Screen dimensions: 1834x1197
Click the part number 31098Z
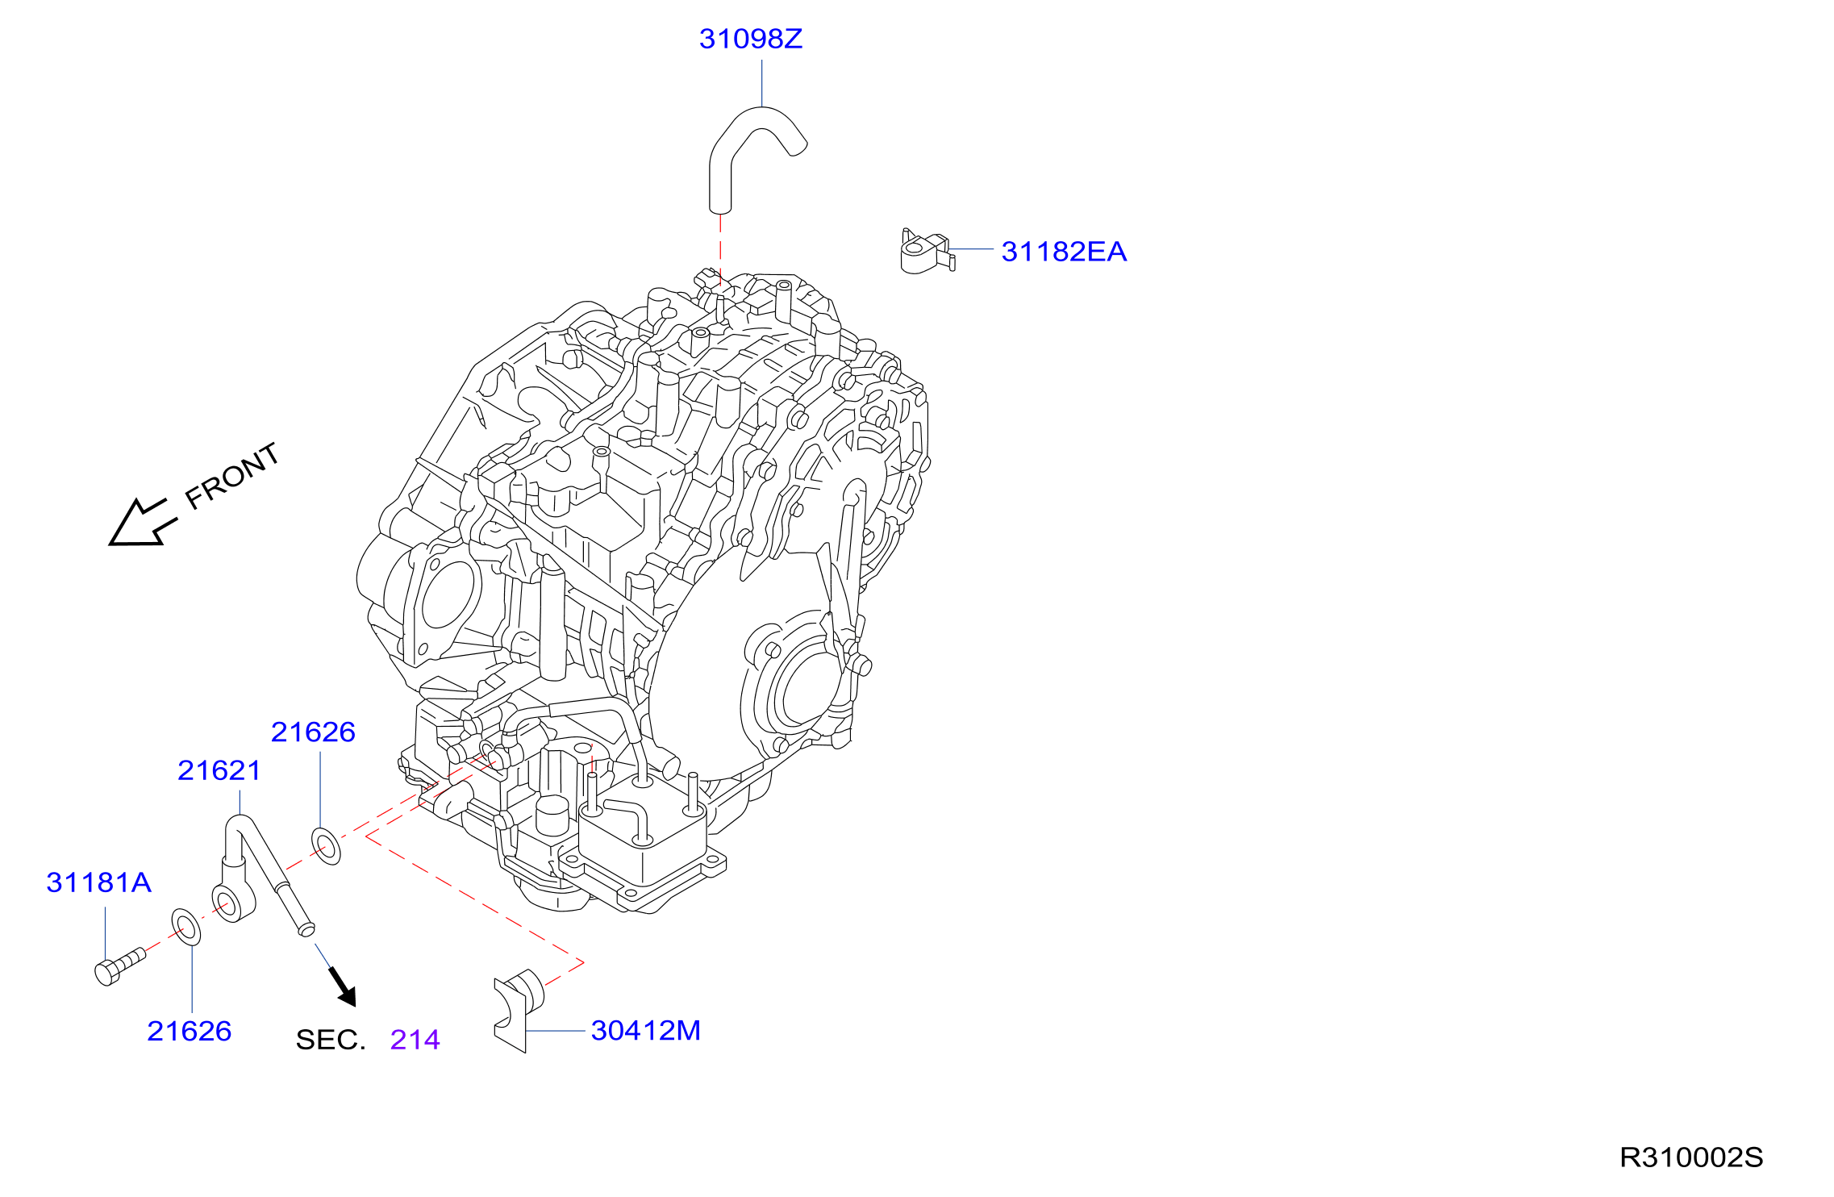click(750, 39)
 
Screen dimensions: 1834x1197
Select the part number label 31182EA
click(1064, 252)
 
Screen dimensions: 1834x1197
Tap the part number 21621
click(219, 770)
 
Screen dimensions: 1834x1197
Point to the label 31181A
click(98, 882)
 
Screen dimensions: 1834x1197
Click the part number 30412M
click(645, 1030)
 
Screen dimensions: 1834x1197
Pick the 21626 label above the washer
click(313, 732)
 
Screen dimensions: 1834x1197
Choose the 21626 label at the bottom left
click(189, 1031)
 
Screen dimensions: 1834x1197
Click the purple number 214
click(415, 1040)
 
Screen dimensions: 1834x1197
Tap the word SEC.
click(331, 1040)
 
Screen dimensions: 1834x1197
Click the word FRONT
click(232, 476)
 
